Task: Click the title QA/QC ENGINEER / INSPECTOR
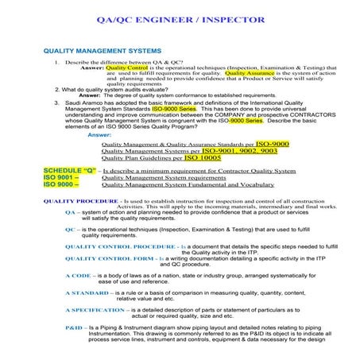click(x=180, y=20)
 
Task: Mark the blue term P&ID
click(x=74, y=327)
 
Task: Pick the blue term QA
click(x=69, y=213)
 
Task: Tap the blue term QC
click(x=69, y=230)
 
